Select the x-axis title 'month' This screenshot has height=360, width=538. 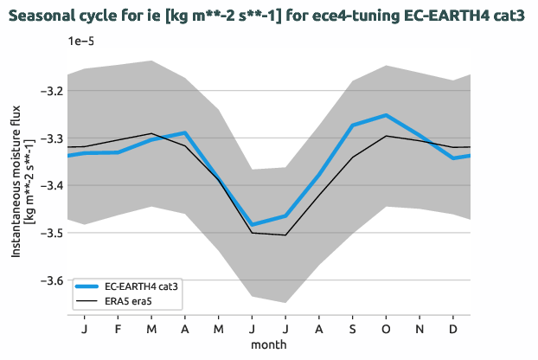[269, 344]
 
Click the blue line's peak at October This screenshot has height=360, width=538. [386, 115]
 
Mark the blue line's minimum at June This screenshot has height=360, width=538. [253, 225]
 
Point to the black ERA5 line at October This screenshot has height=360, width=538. [386, 136]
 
